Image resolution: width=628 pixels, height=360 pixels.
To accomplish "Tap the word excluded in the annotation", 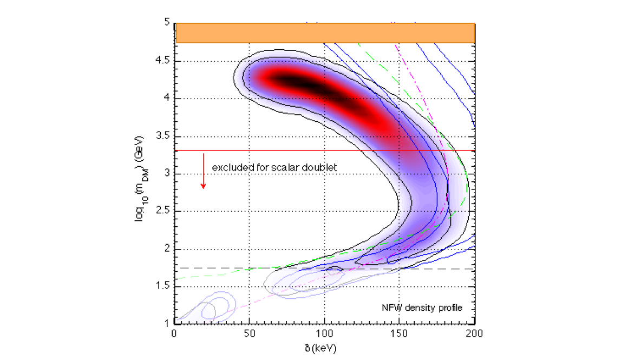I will [228, 168].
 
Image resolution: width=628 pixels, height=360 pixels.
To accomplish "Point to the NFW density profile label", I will [422, 308].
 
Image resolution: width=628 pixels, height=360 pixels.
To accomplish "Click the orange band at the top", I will [325, 32].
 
